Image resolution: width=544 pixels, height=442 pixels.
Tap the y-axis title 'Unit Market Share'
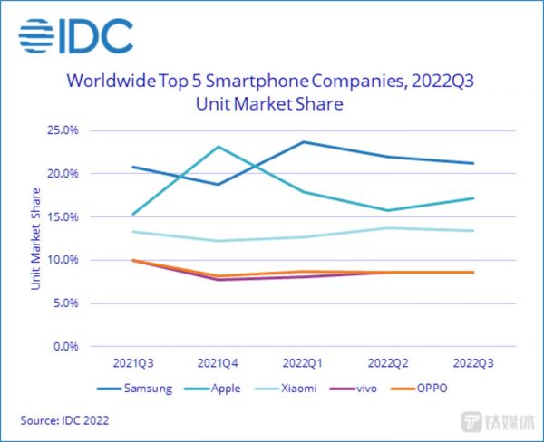36,238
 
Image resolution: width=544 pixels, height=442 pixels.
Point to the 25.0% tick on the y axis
63,130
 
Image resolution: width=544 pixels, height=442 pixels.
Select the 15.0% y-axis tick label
63,216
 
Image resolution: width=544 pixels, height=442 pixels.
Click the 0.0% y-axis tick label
65,347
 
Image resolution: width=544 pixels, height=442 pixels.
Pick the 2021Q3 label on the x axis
132,362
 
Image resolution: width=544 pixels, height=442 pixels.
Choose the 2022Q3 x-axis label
474,362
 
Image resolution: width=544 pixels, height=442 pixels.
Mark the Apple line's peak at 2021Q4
218,146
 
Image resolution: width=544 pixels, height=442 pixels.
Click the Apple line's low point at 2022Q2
389,210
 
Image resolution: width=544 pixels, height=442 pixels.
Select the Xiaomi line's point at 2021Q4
218,241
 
